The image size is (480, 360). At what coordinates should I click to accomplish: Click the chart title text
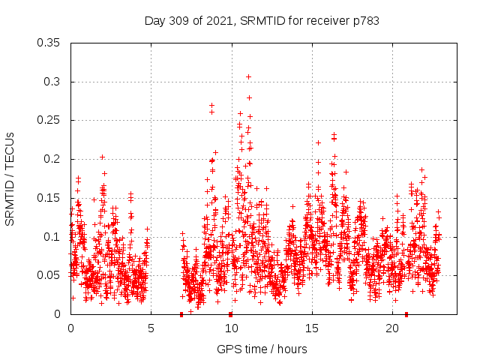pos(262,21)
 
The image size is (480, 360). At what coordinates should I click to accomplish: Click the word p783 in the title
pos(365,21)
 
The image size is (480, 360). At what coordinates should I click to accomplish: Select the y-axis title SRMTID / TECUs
pos(10,178)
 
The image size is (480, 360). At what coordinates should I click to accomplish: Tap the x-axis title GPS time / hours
pos(262,349)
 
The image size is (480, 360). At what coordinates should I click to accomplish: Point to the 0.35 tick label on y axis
pos(49,43)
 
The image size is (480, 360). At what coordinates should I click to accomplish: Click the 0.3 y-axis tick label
pos(52,82)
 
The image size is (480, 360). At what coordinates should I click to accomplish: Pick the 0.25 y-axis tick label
pos(49,120)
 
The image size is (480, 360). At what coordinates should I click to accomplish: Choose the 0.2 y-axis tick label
pos(52,159)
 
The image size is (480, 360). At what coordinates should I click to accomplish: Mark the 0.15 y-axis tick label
pos(49,198)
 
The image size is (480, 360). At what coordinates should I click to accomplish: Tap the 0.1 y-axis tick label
pos(52,237)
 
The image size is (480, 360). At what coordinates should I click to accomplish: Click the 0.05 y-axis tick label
pos(49,275)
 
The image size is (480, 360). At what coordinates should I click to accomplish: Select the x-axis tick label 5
pos(151,329)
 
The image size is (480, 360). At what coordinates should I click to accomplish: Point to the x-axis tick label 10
pos(231,329)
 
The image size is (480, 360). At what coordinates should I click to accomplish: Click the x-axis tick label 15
pos(312,329)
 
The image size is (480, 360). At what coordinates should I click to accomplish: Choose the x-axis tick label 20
pos(392,329)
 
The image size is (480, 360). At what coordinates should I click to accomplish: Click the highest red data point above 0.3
pos(248,76)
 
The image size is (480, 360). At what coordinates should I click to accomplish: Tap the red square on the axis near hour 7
pos(181,314)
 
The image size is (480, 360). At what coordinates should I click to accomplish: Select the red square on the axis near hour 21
pos(406,314)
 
